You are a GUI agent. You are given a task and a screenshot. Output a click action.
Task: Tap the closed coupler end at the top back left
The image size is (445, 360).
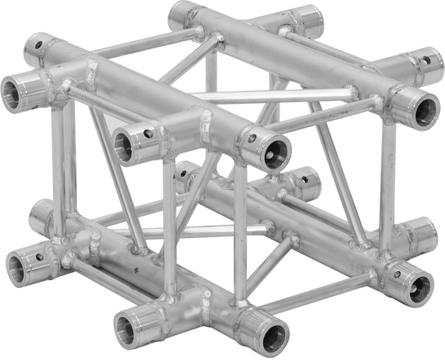tap(182, 14)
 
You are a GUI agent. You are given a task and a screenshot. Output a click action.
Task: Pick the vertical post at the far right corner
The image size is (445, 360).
tap(386, 184)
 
